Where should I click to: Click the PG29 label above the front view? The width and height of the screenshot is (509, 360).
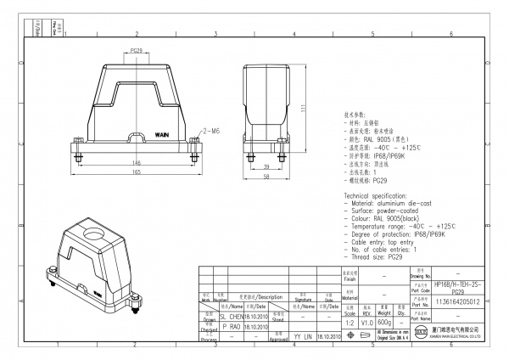click(136, 51)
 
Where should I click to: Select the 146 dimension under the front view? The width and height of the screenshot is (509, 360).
click(136, 161)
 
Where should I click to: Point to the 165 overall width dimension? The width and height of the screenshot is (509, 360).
click(136, 172)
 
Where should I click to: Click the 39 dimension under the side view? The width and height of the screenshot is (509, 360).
click(267, 166)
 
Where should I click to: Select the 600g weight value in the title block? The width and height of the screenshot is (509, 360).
click(385, 323)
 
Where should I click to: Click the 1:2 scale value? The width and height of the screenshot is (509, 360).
click(349, 323)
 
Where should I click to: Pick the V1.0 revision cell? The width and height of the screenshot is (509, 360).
click(366, 323)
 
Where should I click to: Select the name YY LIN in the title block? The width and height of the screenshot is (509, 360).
click(302, 337)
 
